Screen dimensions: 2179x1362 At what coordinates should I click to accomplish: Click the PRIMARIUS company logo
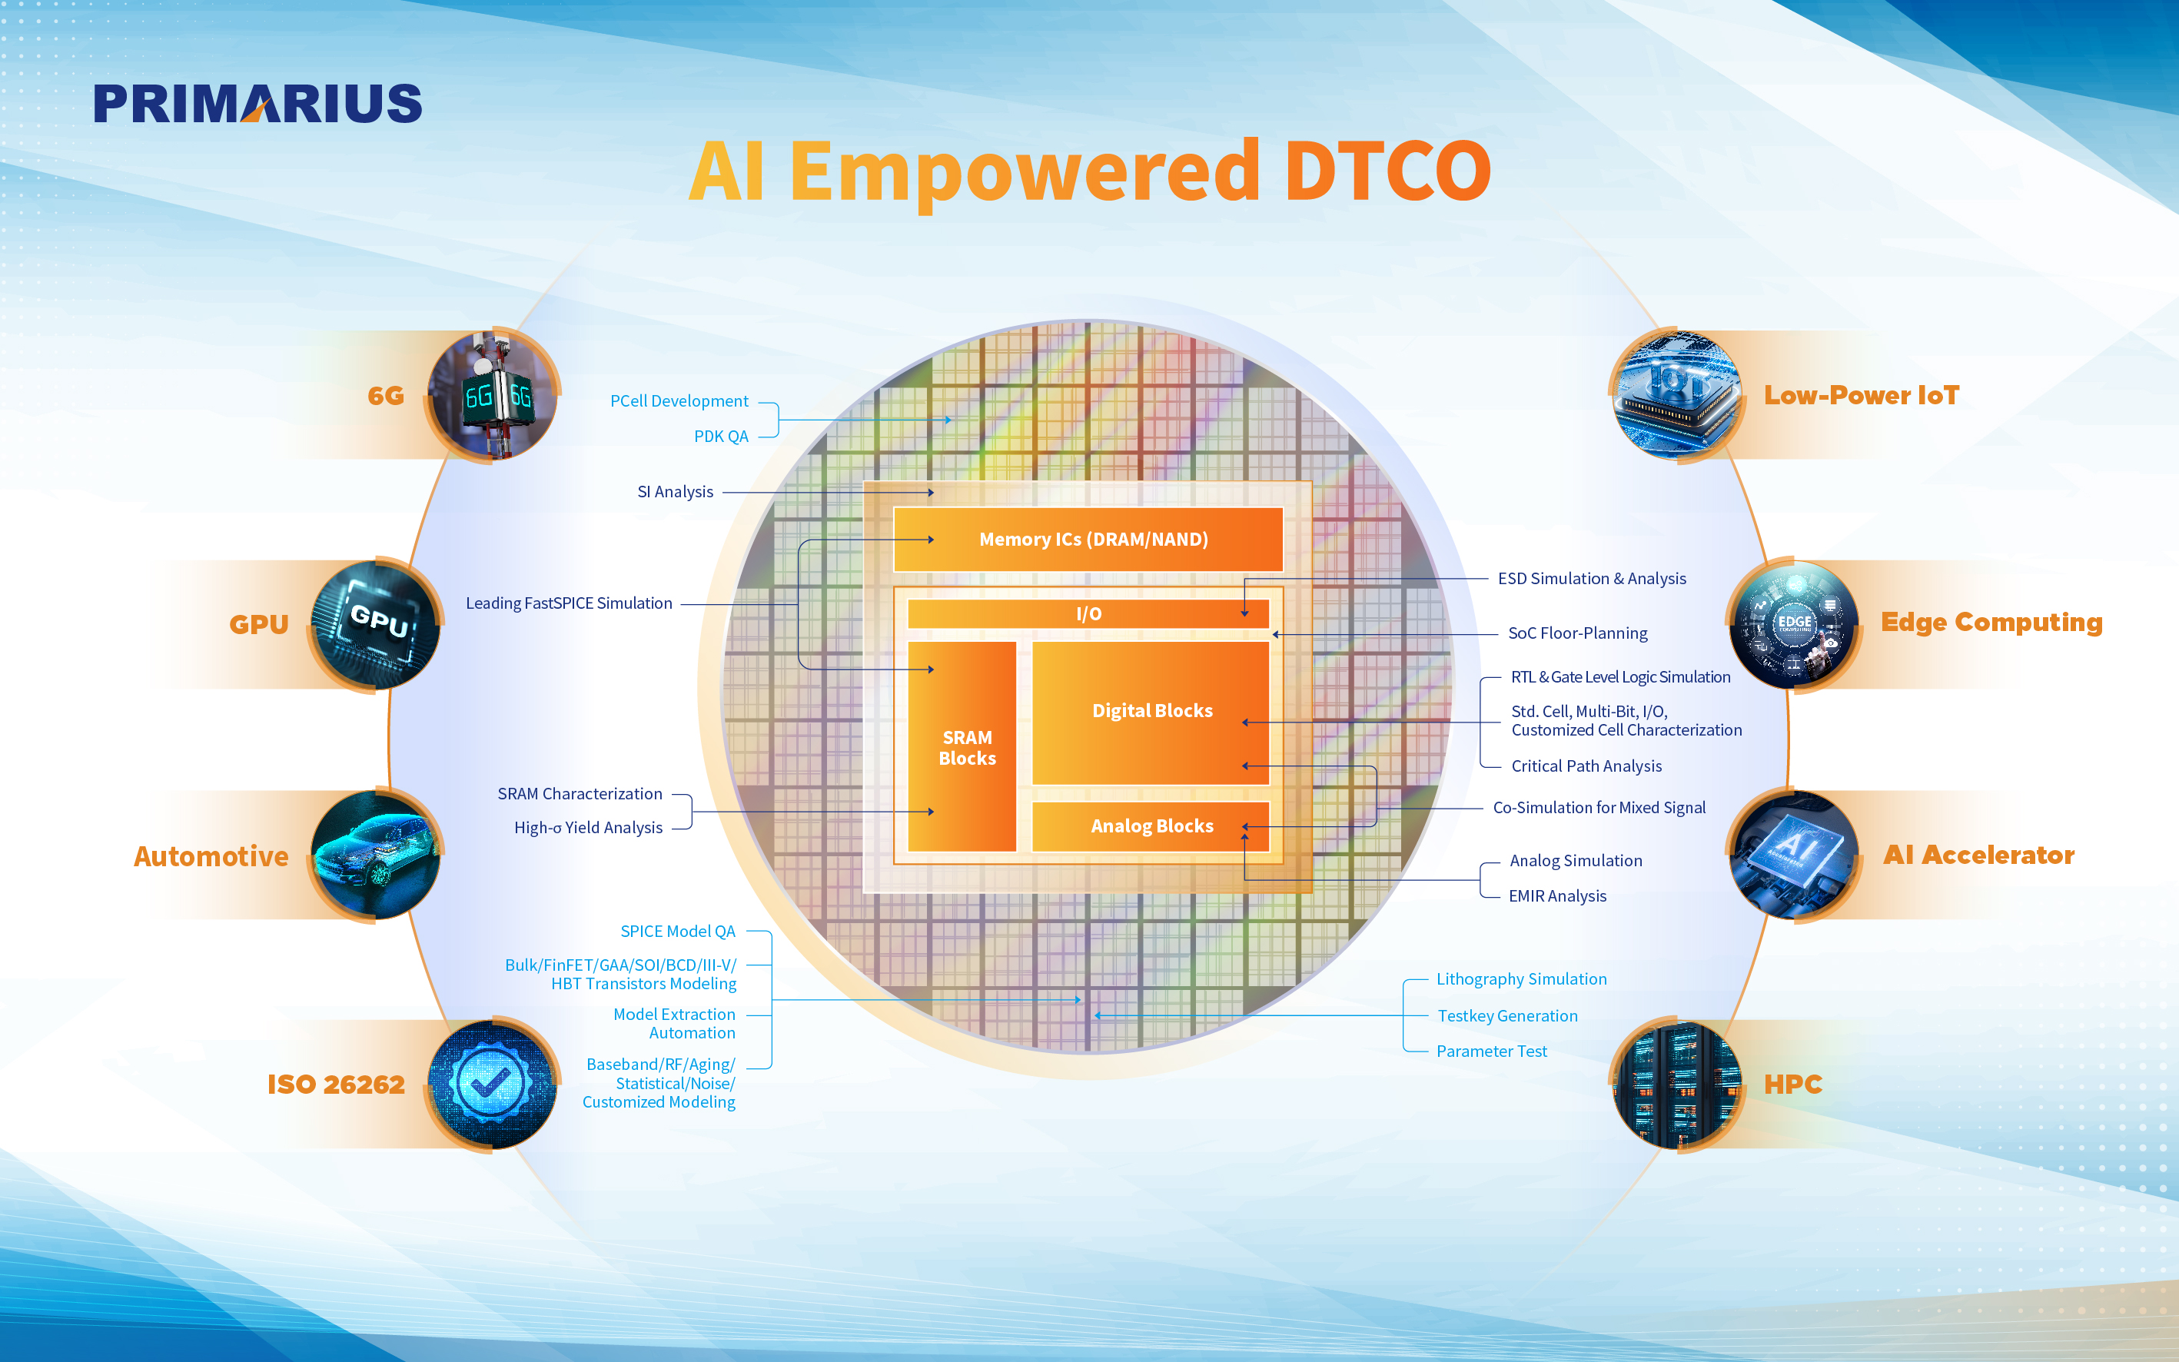pyautogui.click(x=257, y=104)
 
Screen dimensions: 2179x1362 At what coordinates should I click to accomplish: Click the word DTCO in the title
pyautogui.click(x=1387, y=171)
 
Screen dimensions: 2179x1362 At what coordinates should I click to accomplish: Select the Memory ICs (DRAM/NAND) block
pyautogui.click(x=1088, y=539)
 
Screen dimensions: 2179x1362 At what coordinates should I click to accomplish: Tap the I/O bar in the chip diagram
pyautogui.click(x=1088, y=613)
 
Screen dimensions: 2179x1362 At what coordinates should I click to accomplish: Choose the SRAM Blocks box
pyautogui.click(x=962, y=747)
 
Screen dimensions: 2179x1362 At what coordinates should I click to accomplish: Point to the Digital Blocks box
pyautogui.click(x=1151, y=713)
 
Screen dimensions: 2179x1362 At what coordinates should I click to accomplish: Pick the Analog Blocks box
pyautogui.click(x=1151, y=826)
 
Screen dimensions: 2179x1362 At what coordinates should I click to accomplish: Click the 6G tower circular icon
pyautogui.click(x=493, y=395)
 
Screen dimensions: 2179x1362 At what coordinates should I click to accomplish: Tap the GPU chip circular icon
pyautogui.click(x=377, y=624)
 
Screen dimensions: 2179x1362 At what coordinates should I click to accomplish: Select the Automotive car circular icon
pyautogui.click(x=377, y=855)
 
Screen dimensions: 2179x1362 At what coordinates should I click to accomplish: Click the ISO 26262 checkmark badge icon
pyautogui.click(x=492, y=1084)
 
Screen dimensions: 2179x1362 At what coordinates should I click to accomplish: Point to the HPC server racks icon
pyautogui.click(x=1677, y=1084)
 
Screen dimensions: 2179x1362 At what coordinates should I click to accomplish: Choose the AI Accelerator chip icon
pyautogui.click(x=1795, y=855)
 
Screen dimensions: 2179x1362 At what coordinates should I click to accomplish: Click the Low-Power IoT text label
pyautogui.click(x=1861, y=395)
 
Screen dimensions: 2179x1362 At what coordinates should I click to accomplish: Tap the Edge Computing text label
pyautogui.click(x=1991, y=623)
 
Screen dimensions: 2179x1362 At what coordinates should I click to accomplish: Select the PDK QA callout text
pyautogui.click(x=721, y=436)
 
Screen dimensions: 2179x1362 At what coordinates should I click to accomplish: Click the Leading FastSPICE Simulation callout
pyautogui.click(x=569, y=603)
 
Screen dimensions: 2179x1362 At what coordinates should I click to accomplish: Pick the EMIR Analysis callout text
pyautogui.click(x=1557, y=896)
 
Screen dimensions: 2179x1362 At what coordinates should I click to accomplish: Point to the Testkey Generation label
pyautogui.click(x=1507, y=1016)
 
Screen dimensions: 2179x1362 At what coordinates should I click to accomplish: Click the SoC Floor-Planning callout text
pyautogui.click(x=1577, y=633)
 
